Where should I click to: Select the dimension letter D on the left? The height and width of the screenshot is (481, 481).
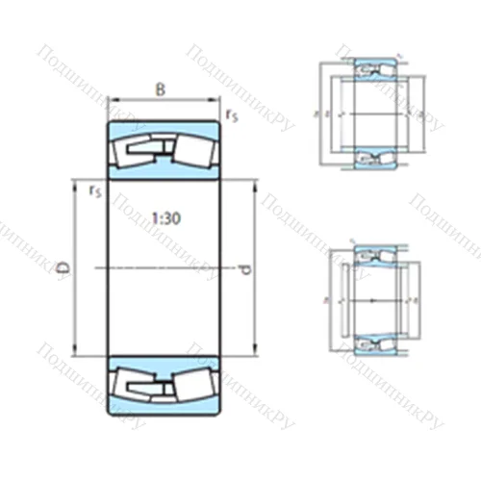(63, 266)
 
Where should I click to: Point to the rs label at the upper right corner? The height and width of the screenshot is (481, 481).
(231, 115)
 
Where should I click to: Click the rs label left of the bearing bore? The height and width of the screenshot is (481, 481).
(94, 191)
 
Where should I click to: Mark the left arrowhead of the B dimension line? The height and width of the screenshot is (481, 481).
(110, 98)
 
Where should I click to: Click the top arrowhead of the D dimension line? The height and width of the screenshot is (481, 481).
(75, 183)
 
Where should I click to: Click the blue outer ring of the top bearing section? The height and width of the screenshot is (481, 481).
(162, 128)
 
